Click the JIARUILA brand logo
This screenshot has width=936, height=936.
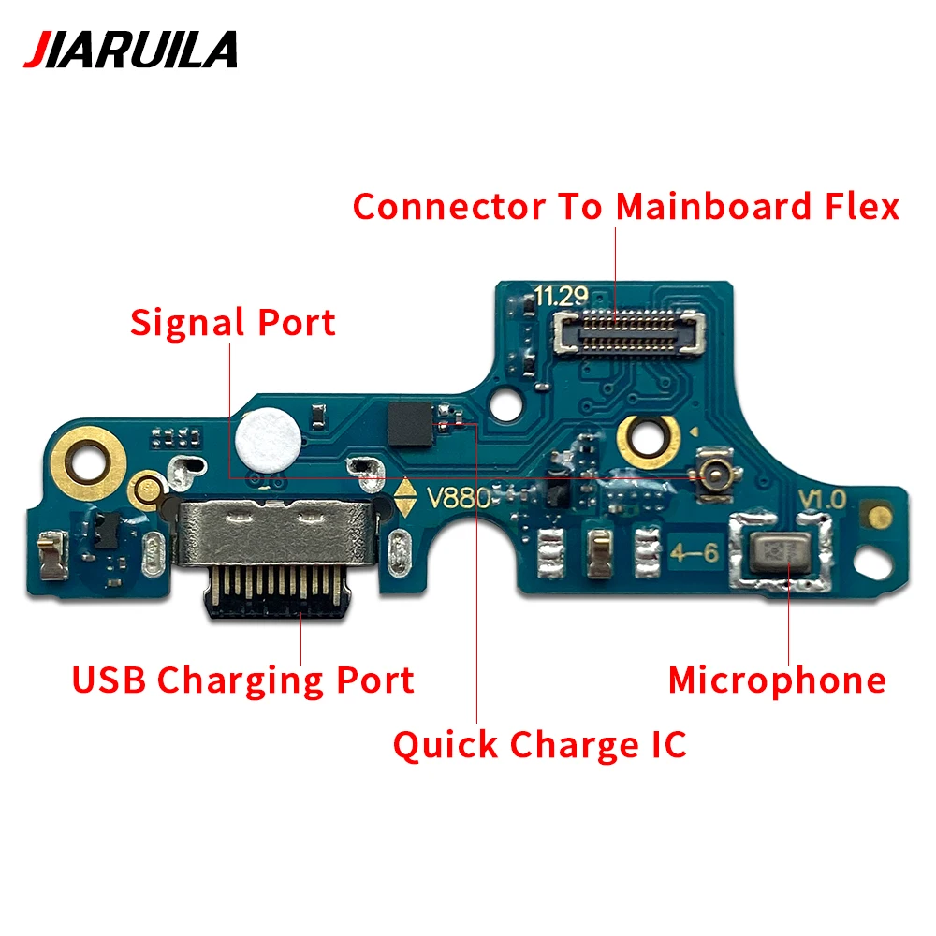(x=130, y=50)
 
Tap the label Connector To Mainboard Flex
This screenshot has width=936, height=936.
(x=625, y=206)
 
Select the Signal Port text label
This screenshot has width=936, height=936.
(x=232, y=323)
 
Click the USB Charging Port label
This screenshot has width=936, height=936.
(x=243, y=680)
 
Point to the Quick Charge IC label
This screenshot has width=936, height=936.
(x=539, y=745)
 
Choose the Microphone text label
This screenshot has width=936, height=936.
(x=776, y=680)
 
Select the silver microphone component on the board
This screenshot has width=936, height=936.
(x=783, y=552)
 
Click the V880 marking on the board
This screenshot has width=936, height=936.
(x=459, y=497)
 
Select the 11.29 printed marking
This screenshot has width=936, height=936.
(x=561, y=298)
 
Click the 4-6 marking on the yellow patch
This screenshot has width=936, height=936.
(x=694, y=552)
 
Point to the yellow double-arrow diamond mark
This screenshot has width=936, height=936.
(x=405, y=497)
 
